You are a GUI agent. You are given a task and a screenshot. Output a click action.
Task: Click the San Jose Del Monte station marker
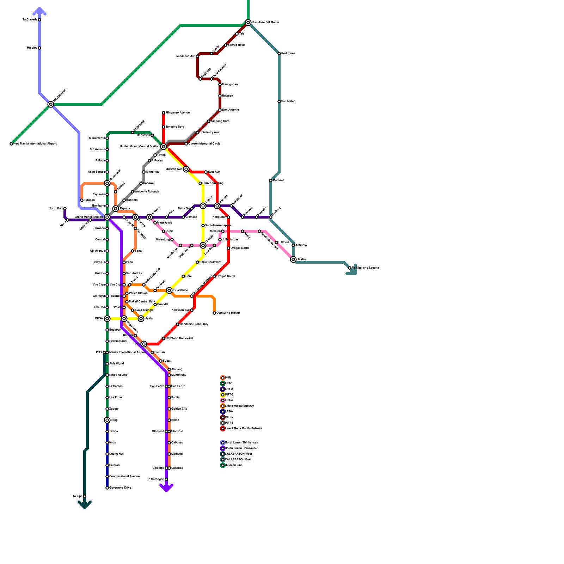(x=248, y=23)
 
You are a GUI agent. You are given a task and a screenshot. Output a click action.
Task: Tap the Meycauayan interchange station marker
(x=51, y=104)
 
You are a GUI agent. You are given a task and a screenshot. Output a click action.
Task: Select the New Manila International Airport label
(x=35, y=144)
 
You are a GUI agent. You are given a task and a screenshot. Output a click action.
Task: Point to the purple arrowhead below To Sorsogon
(x=166, y=488)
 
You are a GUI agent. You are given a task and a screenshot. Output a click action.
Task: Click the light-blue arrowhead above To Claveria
(x=39, y=11)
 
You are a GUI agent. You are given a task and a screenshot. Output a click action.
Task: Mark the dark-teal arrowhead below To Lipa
(x=85, y=505)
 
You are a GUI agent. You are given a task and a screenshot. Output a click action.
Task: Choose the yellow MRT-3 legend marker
(x=223, y=395)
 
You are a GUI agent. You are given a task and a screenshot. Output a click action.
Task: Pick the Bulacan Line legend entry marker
(x=223, y=465)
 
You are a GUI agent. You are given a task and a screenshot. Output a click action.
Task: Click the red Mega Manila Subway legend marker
(x=223, y=429)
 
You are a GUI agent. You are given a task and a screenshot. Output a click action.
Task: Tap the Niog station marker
(x=107, y=420)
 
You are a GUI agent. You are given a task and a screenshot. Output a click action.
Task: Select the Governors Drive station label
(x=120, y=488)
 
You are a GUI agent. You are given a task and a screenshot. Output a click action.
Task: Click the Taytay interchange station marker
(x=293, y=259)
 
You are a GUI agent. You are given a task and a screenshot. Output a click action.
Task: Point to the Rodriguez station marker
(x=279, y=54)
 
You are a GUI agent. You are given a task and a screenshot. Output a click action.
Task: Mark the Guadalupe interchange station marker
(x=169, y=290)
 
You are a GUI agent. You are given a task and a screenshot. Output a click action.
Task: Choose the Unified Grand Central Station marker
(x=164, y=147)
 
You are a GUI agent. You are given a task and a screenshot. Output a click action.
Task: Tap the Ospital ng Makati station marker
(x=214, y=313)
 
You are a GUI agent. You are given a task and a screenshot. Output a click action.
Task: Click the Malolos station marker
(x=39, y=48)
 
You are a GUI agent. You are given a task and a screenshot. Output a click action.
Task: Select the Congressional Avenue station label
(x=124, y=477)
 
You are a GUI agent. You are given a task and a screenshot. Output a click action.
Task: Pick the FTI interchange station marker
(x=144, y=344)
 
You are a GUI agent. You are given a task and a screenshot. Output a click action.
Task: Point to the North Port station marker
(x=65, y=209)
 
